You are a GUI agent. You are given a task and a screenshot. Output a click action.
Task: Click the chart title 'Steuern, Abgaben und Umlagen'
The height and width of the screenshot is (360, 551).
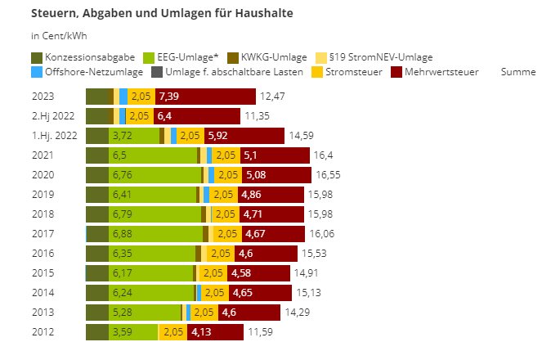pos(162,14)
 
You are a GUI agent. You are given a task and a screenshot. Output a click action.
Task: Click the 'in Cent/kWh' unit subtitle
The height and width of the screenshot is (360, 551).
pos(59,36)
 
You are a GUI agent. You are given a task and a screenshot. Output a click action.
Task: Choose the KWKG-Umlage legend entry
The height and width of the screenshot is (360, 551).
pos(274,57)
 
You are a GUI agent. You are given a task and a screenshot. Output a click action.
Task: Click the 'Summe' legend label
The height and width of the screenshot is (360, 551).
pos(517,72)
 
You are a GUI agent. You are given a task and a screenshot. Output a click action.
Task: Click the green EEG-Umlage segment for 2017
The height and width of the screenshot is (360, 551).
pos(155,234)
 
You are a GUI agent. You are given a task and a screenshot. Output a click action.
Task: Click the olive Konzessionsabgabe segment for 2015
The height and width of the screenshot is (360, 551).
pos(97,273)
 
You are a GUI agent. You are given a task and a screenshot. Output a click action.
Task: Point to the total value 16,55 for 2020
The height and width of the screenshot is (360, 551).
pos(328,175)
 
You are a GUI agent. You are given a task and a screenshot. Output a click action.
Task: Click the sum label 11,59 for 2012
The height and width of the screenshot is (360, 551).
pos(260,332)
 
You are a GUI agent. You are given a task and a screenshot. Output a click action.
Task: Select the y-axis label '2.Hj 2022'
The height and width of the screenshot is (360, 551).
pos(54,116)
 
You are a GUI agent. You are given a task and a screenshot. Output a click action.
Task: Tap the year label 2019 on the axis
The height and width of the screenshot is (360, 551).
pos(43,195)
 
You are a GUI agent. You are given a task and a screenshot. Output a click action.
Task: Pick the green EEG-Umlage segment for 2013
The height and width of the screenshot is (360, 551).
pos(145,313)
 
